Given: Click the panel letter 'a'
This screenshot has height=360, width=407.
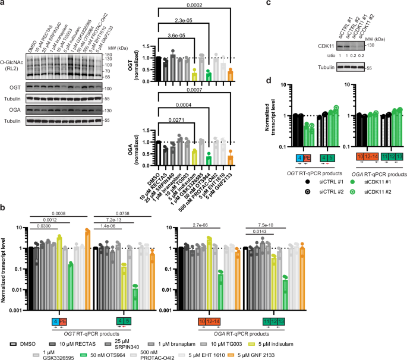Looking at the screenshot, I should (4, 4).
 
